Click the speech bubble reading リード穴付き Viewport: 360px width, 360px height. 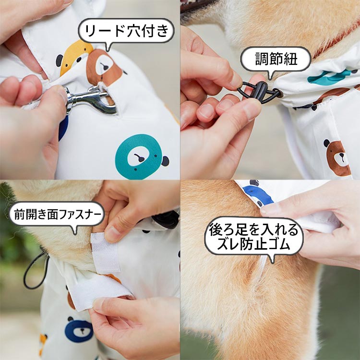[x=126, y=31]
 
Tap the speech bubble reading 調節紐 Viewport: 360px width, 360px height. [x=276, y=59]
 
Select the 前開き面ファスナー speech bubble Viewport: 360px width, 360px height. [x=57, y=214]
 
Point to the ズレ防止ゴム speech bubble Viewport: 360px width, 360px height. [x=254, y=237]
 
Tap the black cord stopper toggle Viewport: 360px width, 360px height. [x=261, y=92]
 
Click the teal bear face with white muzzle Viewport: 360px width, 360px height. [x=139, y=156]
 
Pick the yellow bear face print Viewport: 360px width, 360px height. [x=74, y=56]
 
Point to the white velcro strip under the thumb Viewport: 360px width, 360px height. [x=106, y=253]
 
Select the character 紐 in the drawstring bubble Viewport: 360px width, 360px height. [x=290, y=59]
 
